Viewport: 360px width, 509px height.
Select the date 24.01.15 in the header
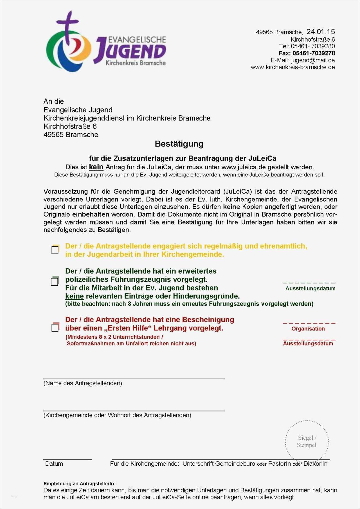pos(321,32)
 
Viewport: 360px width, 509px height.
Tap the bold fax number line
pos(307,53)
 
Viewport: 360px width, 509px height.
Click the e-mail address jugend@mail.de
pos(313,60)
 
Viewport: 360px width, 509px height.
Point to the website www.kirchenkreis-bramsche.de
pos(293,67)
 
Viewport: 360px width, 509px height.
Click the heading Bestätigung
pos(179,144)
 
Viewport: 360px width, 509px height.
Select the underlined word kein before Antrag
pos(96,167)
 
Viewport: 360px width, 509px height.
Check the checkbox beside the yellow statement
pos(55,250)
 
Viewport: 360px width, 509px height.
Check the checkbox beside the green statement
pos(55,281)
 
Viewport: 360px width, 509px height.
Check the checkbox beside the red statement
pos(55,327)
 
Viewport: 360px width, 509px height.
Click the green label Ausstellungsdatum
pos(310,289)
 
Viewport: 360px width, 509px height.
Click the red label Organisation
pos(308,329)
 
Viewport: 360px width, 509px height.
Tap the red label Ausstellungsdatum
pos(308,344)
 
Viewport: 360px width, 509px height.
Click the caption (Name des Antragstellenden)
pos(83,383)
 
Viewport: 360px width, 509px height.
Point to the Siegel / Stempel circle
pos(307,442)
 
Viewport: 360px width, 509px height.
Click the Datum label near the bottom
pos(54,464)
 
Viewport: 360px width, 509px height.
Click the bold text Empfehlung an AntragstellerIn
pos(79,484)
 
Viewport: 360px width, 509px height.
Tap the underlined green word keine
pos(75,296)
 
